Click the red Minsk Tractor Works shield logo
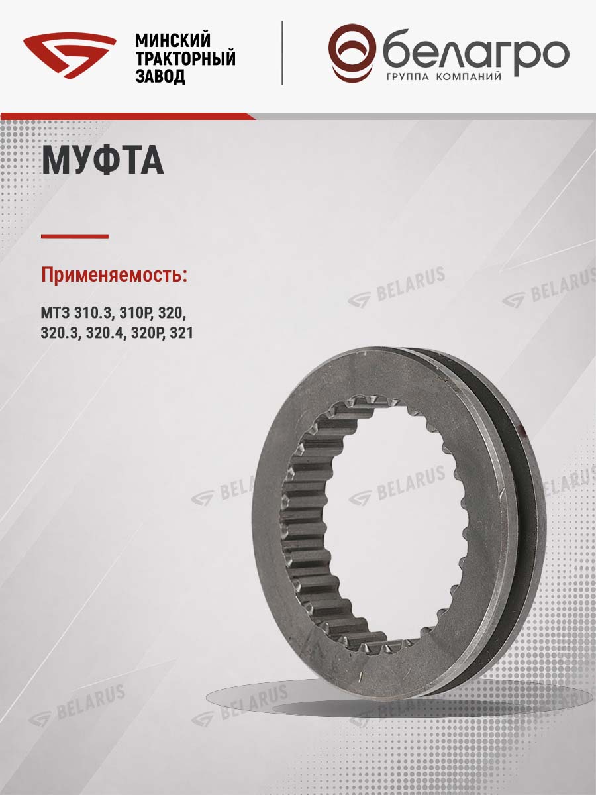(x=70, y=56)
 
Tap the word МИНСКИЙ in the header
(x=173, y=40)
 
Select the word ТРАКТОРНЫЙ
(x=185, y=58)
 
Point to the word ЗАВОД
(x=160, y=76)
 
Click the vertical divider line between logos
(x=282, y=53)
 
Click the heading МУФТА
(x=103, y=160)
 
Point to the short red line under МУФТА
(x=75, y=237)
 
